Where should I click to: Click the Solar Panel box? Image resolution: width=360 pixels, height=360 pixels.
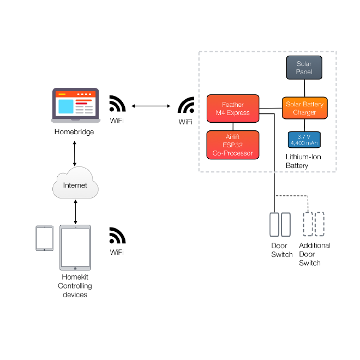point(304,68)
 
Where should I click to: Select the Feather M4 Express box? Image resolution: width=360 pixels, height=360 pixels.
point(232,109)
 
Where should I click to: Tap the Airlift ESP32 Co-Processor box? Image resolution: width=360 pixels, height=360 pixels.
point(232,145)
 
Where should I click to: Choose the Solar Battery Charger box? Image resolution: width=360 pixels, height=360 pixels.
point(304,108)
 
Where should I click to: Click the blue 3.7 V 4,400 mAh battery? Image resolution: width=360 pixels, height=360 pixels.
point(304,139)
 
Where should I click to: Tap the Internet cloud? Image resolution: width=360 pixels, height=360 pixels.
point(75,185)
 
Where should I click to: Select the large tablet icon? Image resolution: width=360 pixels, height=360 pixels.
point(75,248)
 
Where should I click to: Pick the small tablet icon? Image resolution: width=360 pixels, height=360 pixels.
point(44,238)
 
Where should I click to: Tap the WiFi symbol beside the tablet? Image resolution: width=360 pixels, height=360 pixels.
point(117,235)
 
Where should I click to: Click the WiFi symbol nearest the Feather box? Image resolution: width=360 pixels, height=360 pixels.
point(186,105)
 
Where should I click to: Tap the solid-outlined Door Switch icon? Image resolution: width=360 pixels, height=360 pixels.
point(280,224)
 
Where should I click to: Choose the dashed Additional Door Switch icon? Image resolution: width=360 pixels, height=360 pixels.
point(314,224)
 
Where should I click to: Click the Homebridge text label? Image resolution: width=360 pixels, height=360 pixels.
point(74,132)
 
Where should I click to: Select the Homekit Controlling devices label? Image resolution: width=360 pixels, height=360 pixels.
point(75,286)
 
